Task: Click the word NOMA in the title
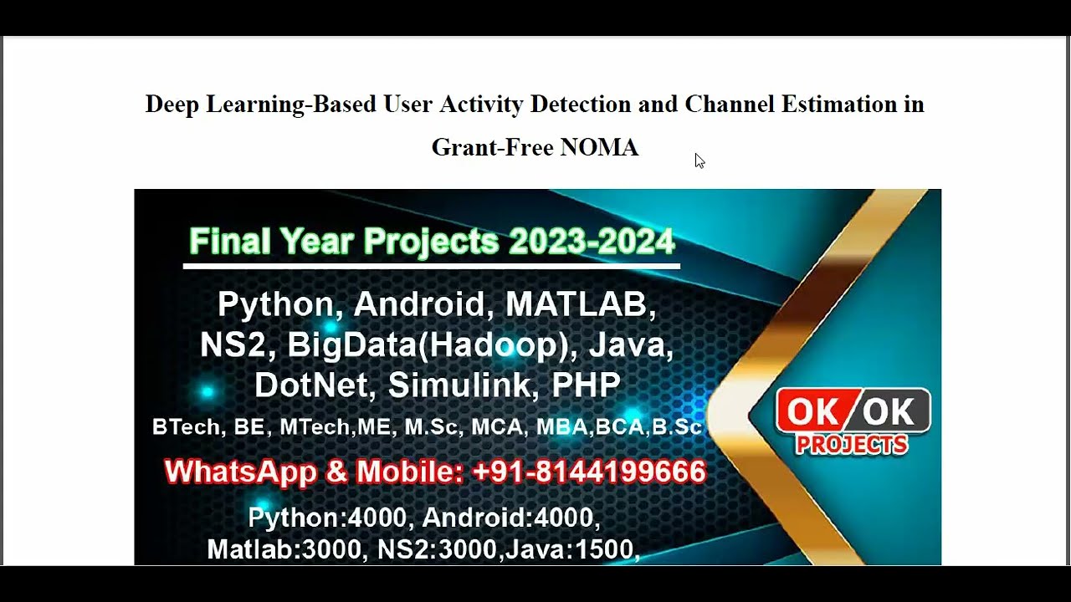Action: click(599, 147)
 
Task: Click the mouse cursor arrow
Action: click(699, 161)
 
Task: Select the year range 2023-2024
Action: click(591, 242)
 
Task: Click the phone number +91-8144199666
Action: click(589, 472)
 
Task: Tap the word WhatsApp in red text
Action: click(241, 472)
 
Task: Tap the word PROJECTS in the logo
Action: click(851, 445)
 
